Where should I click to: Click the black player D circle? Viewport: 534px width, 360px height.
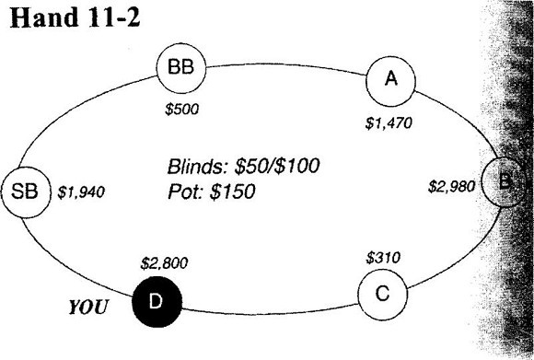(x=157, y=302)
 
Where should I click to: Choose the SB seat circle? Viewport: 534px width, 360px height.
(x=26, y=192)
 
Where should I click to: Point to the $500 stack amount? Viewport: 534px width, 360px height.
(x=181, y=110)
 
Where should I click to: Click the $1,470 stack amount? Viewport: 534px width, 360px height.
(x=389, y=123)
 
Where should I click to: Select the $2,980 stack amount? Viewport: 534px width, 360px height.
(x=451, y=186)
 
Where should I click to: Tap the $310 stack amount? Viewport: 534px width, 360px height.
(x=383, y=258)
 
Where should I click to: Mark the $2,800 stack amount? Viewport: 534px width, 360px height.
(x=164, y=263)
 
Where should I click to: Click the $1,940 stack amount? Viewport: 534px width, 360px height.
(x=81, y=192)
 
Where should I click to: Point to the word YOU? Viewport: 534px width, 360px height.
(x=88, y=308)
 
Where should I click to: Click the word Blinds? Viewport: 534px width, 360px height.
(x=198, y=167)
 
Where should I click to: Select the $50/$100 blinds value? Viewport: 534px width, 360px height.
(x=277, y=166)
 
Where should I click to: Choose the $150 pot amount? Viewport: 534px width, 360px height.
(x=232, y=192)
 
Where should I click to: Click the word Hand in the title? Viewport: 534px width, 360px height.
(x=44, y=17)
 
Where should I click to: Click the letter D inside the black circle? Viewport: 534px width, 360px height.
(x=156, y=301)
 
